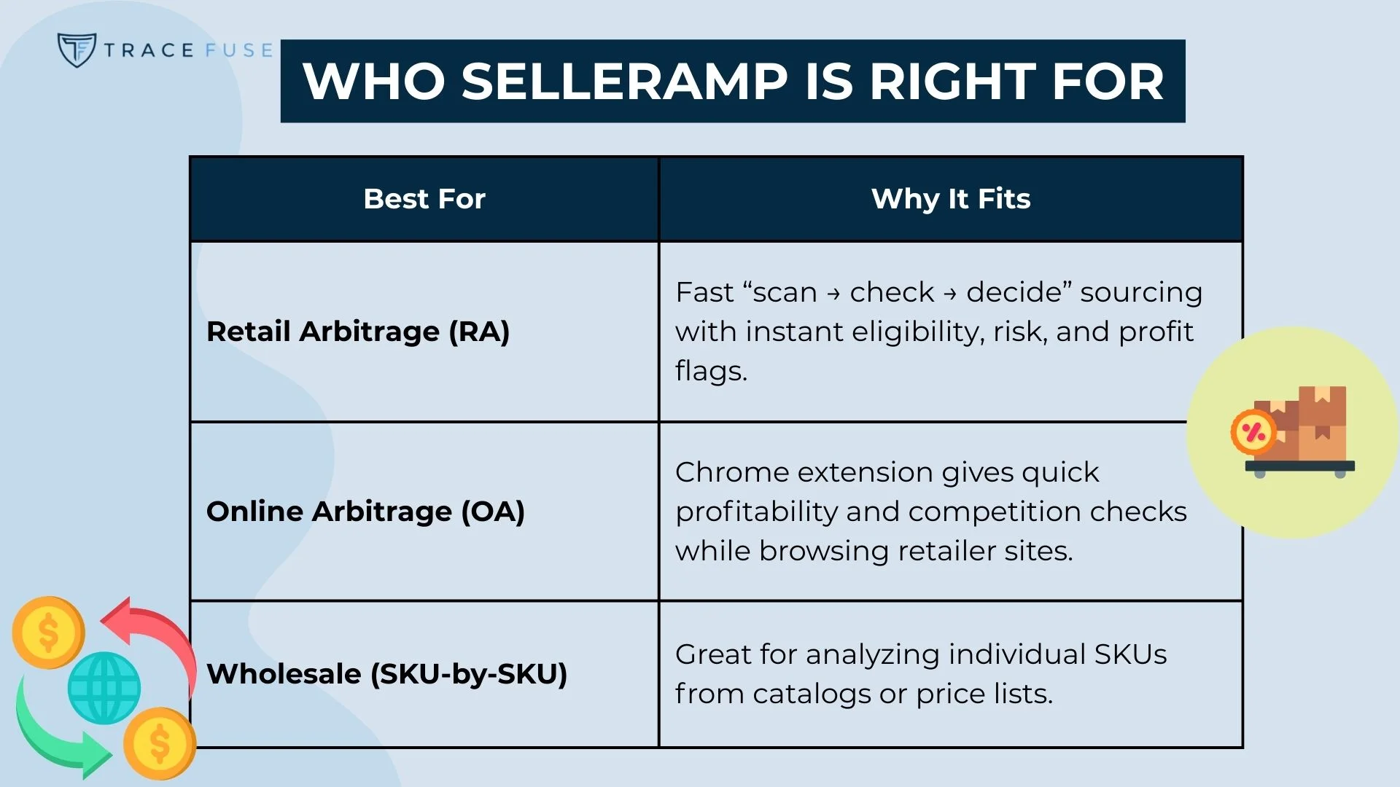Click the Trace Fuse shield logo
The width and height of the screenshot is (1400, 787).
coord(77,50)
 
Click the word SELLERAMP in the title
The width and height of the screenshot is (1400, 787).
coord(624,81)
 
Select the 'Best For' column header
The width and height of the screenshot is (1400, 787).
coord(424,199)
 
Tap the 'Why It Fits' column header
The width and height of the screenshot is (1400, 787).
coord(951,199)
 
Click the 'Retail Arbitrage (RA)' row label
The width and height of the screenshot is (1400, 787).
coord(358,332)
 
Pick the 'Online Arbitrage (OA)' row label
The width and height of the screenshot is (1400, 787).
coord(365,512)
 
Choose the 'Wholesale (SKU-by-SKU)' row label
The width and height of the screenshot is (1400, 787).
coord(386,674)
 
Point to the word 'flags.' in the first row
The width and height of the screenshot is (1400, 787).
coord(711,371)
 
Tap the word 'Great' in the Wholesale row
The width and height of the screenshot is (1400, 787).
coord(712,654)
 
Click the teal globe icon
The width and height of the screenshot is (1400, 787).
coord(104,688)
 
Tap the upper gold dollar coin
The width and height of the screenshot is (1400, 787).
coord(48,632)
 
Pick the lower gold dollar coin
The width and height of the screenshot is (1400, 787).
coord(160,743)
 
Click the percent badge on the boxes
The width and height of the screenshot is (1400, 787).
coord(1253,432)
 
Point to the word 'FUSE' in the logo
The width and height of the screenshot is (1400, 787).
coord(238,50)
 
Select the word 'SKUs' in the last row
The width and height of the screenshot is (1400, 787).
coord(1130,654)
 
